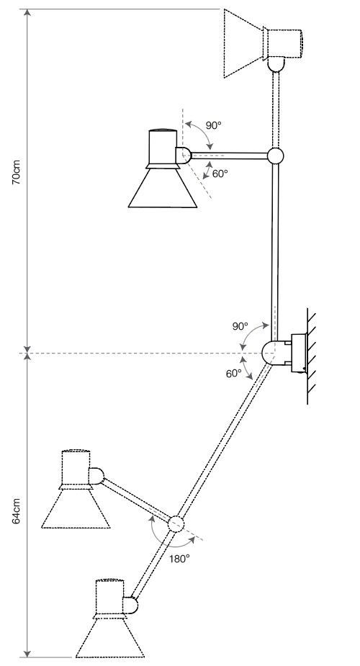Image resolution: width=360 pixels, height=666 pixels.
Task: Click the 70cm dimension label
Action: point(16,172)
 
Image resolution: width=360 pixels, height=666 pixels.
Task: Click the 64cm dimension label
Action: point(16,511)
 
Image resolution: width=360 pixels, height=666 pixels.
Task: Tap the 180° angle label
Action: point(179,559)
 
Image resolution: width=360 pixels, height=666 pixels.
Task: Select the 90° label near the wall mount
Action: point(240,326)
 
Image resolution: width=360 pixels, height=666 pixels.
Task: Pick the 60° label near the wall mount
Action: point(233,374)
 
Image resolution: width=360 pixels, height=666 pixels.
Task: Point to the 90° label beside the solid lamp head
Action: point(214,125)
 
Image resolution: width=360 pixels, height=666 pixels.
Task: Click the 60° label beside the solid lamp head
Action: point(220,174)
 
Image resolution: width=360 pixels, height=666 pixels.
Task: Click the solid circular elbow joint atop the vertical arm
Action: point(275,156)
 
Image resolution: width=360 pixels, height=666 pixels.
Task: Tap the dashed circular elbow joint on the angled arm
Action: point(176,524)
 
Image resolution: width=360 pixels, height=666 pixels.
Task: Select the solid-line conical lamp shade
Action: point(163,188)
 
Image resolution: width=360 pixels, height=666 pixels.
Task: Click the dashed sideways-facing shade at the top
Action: point(243,43)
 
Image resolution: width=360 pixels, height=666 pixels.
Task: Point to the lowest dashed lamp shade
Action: point(110,637)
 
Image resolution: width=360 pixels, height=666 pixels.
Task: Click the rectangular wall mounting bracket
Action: point(299,354)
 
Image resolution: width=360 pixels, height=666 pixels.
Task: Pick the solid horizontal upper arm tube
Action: point(229,156)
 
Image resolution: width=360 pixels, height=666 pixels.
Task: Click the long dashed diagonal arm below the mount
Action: point(223,441)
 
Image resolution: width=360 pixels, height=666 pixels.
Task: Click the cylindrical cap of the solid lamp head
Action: point(163,147)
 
